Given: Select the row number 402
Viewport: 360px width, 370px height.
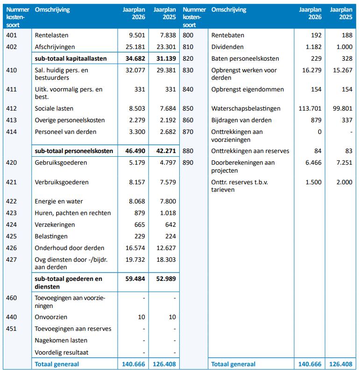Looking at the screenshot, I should (12, 47).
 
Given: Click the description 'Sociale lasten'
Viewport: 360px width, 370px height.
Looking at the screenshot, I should (54, 109).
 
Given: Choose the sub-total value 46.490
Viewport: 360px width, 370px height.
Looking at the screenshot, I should (134, 151).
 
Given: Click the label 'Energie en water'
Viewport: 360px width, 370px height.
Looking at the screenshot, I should (59, 202).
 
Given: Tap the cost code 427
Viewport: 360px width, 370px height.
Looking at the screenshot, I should (12, 260).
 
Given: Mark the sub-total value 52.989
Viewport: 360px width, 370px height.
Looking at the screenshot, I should (165, 279).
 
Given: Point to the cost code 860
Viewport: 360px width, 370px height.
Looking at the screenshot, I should (189, 120).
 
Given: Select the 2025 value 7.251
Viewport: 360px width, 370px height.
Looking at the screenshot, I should (343, 163).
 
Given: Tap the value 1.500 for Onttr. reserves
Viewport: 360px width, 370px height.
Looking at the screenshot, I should (313, 182).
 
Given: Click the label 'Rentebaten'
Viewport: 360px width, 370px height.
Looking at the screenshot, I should (228, 35).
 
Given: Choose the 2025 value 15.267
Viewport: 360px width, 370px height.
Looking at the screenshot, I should (341, 70).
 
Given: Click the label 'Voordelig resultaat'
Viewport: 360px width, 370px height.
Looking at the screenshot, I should (62, 352).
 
